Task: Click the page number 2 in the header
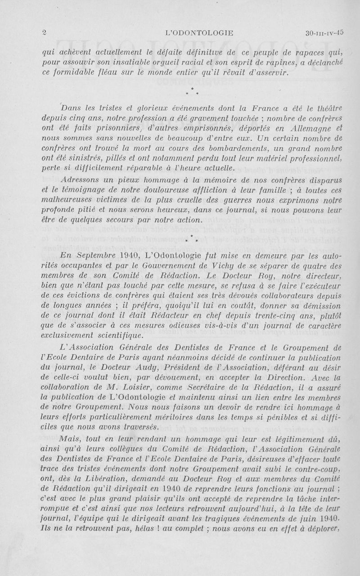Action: [44, 32]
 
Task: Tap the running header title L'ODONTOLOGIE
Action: [199, 32]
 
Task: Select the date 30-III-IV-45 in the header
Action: [324, 32]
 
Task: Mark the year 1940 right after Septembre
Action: [131, 256]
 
